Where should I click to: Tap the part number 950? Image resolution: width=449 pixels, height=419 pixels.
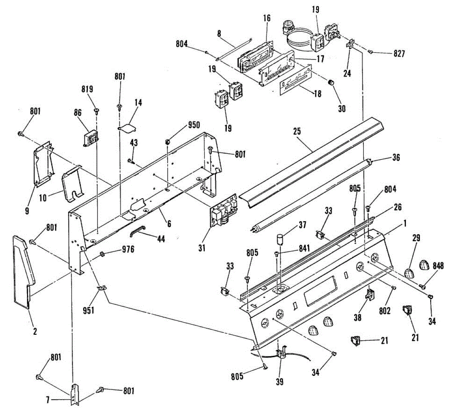[194, 125]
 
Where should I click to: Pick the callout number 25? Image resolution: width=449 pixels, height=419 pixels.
[297, 132]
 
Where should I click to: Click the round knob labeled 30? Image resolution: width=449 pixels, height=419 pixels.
[331, 83]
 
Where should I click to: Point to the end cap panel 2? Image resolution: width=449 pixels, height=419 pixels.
[23, 269]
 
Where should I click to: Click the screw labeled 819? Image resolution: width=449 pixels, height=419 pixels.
[97, 111]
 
